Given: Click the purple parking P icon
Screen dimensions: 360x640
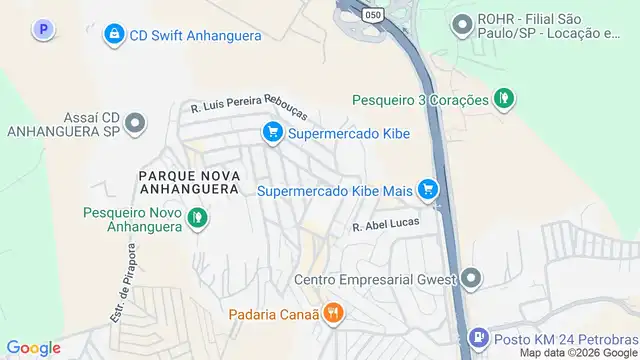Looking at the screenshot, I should [x=43, y=31].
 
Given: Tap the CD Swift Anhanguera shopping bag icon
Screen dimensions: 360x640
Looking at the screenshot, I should [x=114, y=35].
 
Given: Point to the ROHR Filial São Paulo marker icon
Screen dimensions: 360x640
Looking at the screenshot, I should [x=461, y=22].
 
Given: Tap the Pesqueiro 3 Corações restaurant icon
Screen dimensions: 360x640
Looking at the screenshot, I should [x=505, y=99].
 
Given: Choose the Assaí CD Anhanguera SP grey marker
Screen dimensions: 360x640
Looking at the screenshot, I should [x=136, y=124].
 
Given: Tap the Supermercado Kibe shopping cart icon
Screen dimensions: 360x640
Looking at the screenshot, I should [x=270, y=131].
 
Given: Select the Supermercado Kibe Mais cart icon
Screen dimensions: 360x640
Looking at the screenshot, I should [x=428, y=189].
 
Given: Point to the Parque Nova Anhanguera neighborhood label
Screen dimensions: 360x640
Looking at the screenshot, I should [x=189, y=180].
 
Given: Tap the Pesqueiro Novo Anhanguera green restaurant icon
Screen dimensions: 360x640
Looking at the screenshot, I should [x=198, y=217].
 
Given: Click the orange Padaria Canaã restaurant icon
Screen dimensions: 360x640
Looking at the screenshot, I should [x=334, y=313].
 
